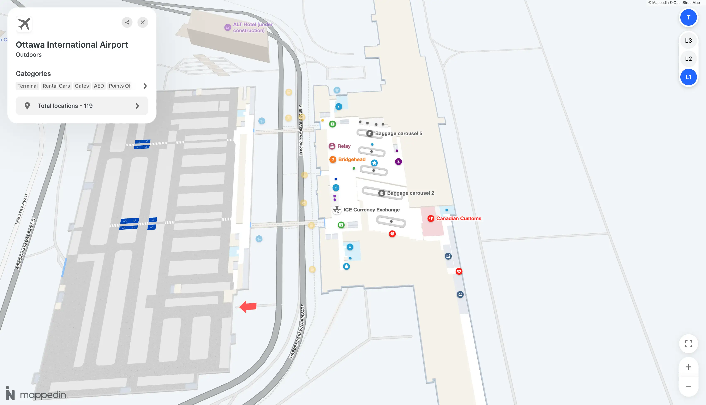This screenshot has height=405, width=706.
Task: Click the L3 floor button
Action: click(688, 41)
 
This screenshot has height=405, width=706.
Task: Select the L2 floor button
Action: click(688, 59)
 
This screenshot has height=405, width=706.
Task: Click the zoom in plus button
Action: click(688, 367)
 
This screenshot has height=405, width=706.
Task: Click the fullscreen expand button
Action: click(688, 344)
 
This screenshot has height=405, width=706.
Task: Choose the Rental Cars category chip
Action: click(56, 86)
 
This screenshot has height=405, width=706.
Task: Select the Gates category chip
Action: click(82, 86)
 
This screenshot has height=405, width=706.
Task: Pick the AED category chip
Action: click(99, 86)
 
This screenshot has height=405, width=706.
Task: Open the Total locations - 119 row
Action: click(82, 106)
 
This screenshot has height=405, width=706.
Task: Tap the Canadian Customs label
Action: click(458, 219)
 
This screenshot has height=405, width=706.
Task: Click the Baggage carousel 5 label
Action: click(398, 134)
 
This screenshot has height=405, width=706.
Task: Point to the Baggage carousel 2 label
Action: click(410, 193)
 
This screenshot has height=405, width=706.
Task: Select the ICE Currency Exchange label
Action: click(371, 210)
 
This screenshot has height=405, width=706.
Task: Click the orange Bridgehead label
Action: click(352, 159)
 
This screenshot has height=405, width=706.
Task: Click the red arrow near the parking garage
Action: click(248, 306)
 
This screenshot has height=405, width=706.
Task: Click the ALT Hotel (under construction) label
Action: click(252, 27)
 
